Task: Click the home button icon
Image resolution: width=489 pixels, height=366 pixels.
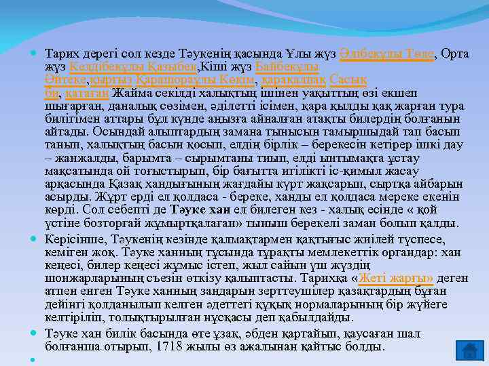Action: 468,349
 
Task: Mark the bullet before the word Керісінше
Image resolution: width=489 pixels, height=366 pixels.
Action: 35,239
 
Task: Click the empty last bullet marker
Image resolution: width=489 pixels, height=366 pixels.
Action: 35,359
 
